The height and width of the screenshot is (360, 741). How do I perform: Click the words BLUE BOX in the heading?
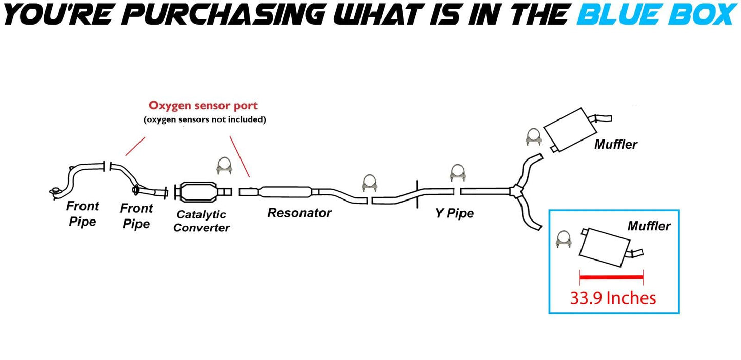click(x=656, y=14)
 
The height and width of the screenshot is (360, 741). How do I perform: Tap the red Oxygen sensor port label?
click(x=203, y=106)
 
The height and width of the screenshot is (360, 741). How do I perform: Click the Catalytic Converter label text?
click(x=201, y=221)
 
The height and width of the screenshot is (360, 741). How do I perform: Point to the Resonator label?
click(x=299, y=213)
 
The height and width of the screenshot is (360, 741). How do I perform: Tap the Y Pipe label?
click(x=454, y=213)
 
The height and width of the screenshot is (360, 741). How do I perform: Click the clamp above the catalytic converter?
click(x=224, y=166)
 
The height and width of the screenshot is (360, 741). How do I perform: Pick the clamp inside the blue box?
click(x=564, y=240)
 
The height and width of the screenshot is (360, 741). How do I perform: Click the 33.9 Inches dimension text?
click(x=613, y=298)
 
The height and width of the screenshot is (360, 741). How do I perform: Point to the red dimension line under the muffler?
click(x=611, y=277)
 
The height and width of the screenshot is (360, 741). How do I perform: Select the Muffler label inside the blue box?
click(x=649, y=226)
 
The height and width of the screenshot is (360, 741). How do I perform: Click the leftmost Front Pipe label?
click(x=82, y=214)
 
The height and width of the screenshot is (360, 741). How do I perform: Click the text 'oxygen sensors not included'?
click(x=204, y=120)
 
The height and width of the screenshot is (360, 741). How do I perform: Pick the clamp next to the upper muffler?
click(x=533, y=136)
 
